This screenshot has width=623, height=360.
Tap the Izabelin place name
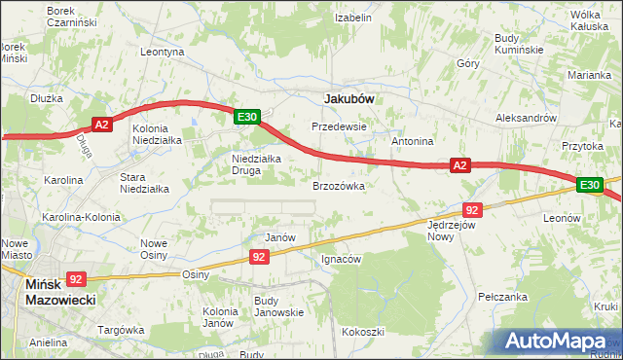coord(353,18)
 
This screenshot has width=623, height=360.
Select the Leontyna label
coord(163,52)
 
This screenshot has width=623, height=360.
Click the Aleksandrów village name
coord(526,116)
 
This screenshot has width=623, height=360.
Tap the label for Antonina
coord(412,141)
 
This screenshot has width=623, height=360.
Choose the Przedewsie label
coord(338,126)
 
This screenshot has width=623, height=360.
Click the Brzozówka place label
coord(338,185)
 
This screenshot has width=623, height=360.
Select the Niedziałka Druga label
coord(256,164)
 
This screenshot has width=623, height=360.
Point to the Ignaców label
coord(342,260)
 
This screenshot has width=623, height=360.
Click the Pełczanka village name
coord(503,295)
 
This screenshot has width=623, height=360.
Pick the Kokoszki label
coord(363,332)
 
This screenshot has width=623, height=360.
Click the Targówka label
coord(122,330)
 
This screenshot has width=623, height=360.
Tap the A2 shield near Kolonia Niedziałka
coord(104,124)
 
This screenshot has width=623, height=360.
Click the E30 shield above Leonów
coord(588,184)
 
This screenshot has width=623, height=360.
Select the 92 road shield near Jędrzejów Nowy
coord(472,209)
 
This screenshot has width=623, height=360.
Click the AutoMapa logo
coord(559,340)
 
